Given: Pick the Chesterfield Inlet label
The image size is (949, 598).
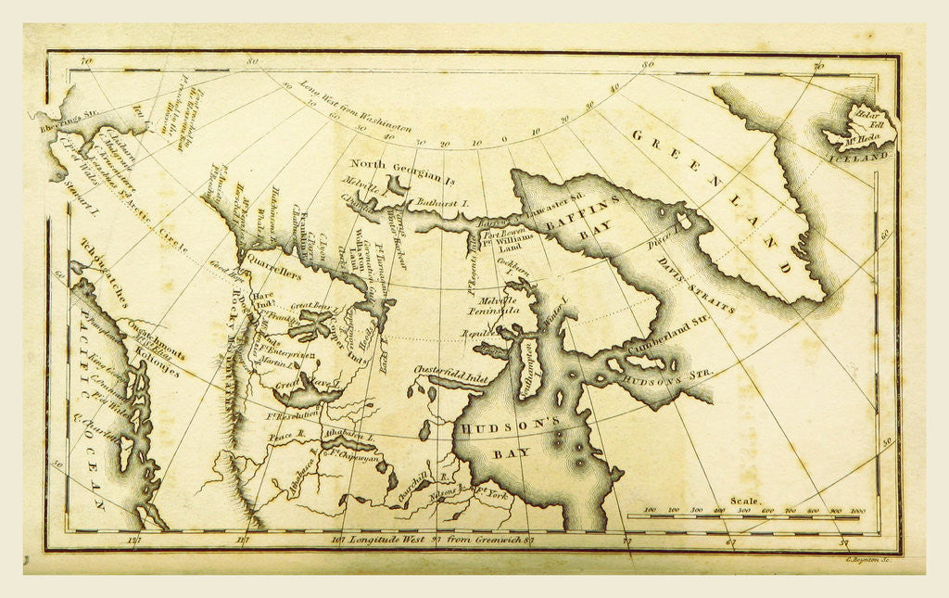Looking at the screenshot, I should (445, 369).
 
